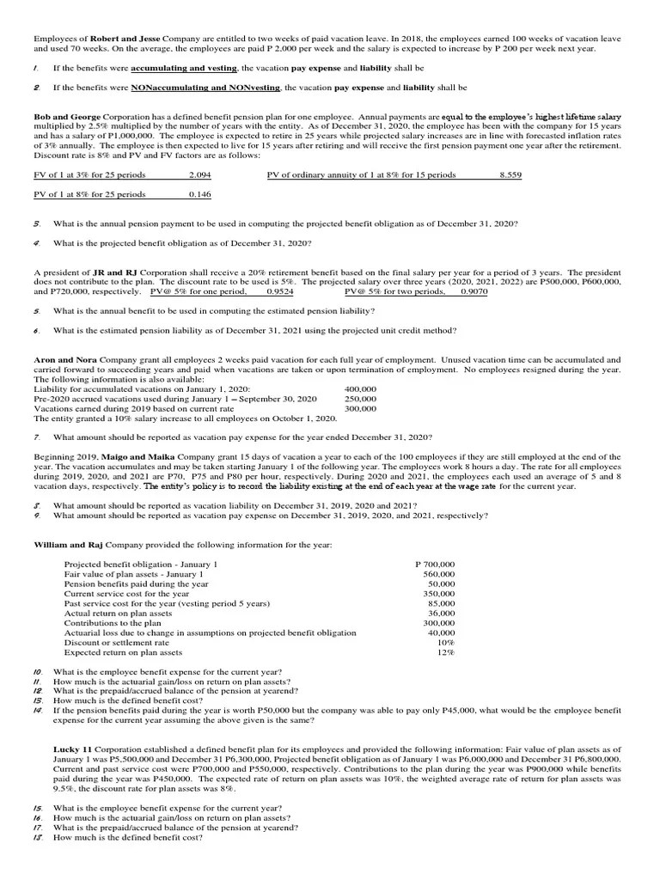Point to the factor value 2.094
(x=199, y=175)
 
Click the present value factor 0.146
(x=199, y=195)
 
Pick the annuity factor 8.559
(x=510, y=175)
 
